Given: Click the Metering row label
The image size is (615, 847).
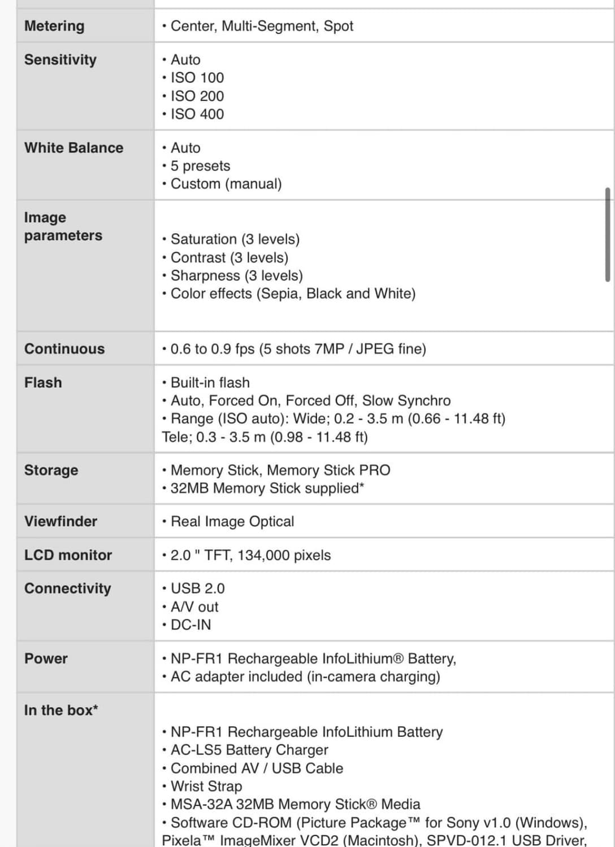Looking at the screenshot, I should (x=54, y=26).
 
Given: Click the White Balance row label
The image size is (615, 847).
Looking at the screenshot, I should (x=73, y=148).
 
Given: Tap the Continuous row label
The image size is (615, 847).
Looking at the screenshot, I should (x=64, y=349).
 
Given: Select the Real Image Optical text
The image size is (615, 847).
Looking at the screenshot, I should (x=232, y=522).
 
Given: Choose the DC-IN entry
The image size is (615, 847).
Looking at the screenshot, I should (x=190, y=625).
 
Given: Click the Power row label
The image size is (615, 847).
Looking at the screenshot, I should (x=46, y=659).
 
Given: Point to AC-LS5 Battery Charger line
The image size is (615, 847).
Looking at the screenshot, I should (x=249, y=750).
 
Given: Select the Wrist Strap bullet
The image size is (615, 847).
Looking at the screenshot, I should (x=206, y=787).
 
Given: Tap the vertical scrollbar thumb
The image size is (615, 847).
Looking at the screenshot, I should (x=608, y=235).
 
